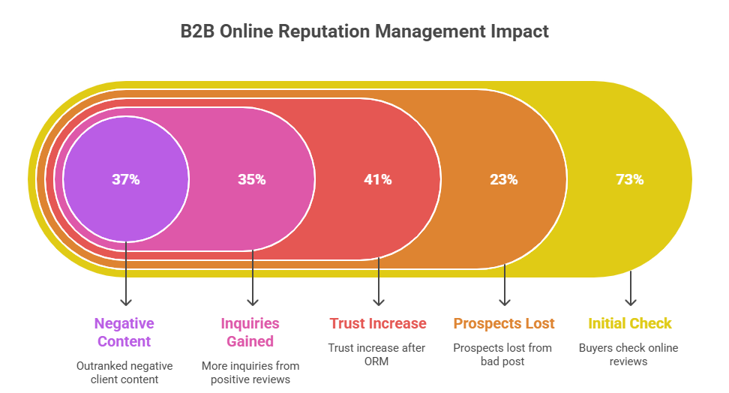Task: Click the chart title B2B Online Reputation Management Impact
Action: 364,31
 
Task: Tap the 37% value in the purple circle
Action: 126,179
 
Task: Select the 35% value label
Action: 252,179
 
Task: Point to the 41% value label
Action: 378,179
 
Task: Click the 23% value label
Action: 504,179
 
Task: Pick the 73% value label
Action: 630,179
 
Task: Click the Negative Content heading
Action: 124,332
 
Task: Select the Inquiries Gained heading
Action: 250,332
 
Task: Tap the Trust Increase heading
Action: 378,324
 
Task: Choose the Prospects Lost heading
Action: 504,324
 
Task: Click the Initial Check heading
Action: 630,324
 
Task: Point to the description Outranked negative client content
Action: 124,373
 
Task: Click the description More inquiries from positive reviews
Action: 250,373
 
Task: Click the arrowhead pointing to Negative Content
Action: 126,301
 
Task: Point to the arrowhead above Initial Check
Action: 630,301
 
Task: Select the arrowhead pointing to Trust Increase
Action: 378,301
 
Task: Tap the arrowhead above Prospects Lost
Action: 504,301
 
